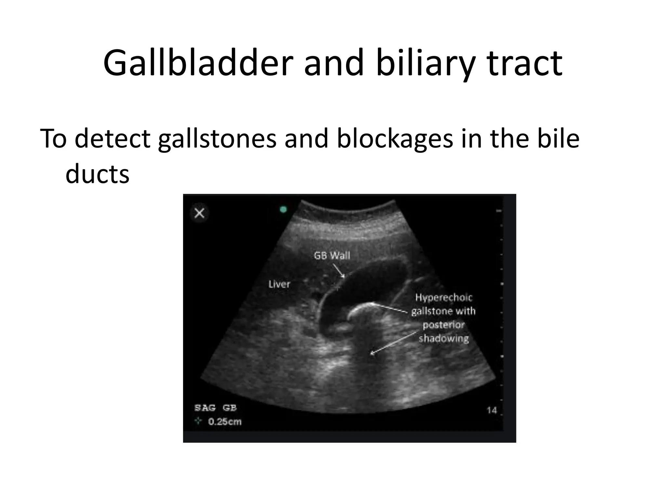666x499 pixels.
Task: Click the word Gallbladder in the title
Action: [198, 63]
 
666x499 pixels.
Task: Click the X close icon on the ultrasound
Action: [199, 213]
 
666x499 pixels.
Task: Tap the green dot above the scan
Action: [283, 210]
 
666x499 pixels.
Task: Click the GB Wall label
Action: [332, 256]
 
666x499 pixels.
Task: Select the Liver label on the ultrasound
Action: [279, 284]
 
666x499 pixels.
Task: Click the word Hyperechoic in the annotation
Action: [444, 297]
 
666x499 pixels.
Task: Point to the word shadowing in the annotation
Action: [444, 339]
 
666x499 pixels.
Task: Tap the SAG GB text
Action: [216, 408]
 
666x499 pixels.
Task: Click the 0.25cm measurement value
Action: [225, 422]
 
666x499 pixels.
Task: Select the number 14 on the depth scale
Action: [492, 410]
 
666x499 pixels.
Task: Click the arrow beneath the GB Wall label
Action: [339, 271]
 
